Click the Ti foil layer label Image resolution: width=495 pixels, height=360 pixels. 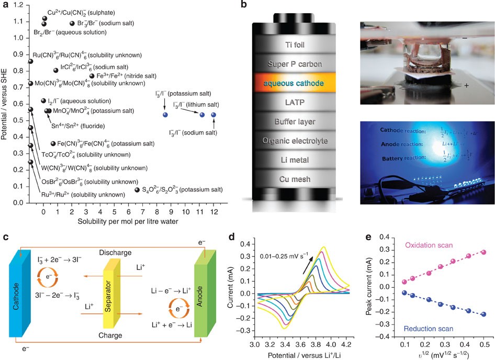point(295,44)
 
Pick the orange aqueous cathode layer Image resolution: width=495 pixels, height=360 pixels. point(295,83)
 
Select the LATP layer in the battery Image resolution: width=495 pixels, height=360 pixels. point(295,102)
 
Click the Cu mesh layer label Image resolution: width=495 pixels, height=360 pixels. point(295,179)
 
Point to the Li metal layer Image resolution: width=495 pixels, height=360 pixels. point(295,160)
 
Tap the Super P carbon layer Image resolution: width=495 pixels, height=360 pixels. point(295,64)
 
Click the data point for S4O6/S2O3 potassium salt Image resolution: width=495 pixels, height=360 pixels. point(137,190)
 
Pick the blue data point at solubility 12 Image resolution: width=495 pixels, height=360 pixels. point(213,115)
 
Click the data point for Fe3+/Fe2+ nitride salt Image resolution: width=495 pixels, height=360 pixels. point(92,76)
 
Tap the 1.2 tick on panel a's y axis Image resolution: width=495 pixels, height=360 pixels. point(20,5)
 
